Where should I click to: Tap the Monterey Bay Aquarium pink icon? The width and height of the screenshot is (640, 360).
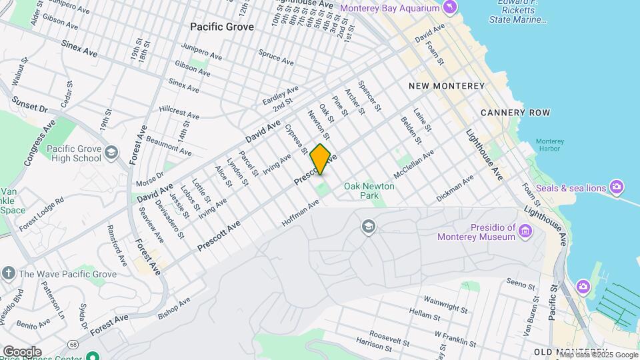[x=451, y=7]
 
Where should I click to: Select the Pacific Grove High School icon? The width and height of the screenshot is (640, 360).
[x=111, y=154]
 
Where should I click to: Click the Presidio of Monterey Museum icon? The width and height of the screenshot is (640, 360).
[x=526, y=231]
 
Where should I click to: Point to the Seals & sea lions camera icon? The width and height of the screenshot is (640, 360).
[x=616, y=187]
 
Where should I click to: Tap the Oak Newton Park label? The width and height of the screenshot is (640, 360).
[x=369, y=191]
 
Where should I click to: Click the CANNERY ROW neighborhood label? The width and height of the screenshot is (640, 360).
[x=515, y=113]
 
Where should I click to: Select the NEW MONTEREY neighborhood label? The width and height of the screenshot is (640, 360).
[x=446, y=86]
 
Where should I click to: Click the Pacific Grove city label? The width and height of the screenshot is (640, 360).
[x=221, y=27]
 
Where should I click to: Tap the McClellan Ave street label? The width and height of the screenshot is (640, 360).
[x=413, y=163]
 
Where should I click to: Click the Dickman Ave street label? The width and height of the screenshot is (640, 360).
[x=455, y=189]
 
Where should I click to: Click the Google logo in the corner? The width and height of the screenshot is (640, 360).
[x=22, y=351]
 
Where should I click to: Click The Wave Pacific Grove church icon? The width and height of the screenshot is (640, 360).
[x=8, y=273]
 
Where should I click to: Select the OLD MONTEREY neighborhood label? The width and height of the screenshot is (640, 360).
[x=569, y=351]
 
